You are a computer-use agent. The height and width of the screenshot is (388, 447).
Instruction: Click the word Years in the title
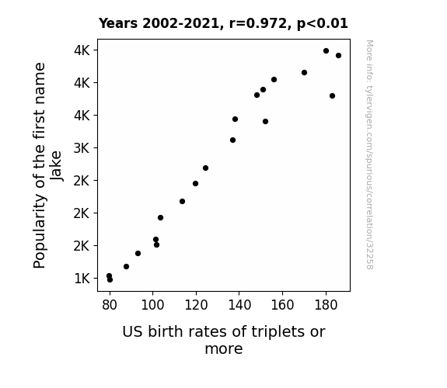(118, 23)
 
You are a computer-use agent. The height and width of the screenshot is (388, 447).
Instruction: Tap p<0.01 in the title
(323, 24)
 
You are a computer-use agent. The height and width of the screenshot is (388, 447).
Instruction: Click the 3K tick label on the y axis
(82, 148)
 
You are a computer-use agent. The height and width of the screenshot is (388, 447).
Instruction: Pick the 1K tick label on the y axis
(82, 279)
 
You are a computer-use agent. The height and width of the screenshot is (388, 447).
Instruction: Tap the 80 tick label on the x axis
(110, 305)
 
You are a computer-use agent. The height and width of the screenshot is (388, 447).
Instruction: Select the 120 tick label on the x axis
(196, 305)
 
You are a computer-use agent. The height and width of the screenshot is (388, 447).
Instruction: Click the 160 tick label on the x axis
(282, 305)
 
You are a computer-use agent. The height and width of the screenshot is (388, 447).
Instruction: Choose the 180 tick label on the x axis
(326, 305)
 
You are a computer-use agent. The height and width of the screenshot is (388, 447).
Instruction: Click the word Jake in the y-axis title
(56, 166)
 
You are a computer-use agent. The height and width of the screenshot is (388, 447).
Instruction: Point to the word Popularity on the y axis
(40, 231)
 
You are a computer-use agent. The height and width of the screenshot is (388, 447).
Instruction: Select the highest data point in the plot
(327, 51)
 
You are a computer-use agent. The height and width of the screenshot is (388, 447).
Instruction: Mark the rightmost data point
(338, 56)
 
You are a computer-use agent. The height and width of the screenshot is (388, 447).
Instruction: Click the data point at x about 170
(304, 73)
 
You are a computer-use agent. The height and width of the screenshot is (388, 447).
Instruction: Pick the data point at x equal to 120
(195, 184)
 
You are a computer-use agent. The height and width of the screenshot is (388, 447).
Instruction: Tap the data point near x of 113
(182, 202)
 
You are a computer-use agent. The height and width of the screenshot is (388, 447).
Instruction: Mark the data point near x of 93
(138, 253)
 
